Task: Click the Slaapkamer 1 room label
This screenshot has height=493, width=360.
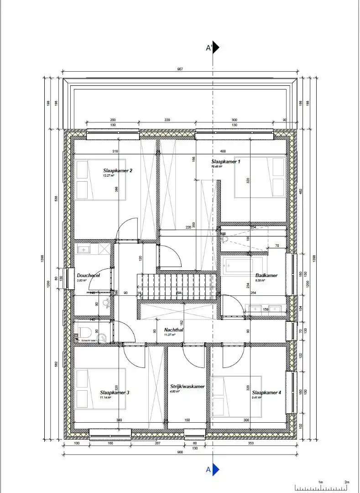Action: coord(225,162)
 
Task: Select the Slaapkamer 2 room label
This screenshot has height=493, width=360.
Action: coord(117,171)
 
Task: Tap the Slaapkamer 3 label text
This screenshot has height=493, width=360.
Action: coord(115,392)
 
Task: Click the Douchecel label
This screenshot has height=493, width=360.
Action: coord(88,275)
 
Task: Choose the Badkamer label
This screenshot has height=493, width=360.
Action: coord(266,275)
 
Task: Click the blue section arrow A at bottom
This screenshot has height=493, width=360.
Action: coord(216,469)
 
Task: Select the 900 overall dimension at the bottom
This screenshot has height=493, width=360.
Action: coord(180,452)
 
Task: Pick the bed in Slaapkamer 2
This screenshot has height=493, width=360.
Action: coord(94,180)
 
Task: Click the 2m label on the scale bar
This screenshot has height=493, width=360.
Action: coord(346,482)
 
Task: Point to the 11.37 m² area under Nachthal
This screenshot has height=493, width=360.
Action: coord(170,335)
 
